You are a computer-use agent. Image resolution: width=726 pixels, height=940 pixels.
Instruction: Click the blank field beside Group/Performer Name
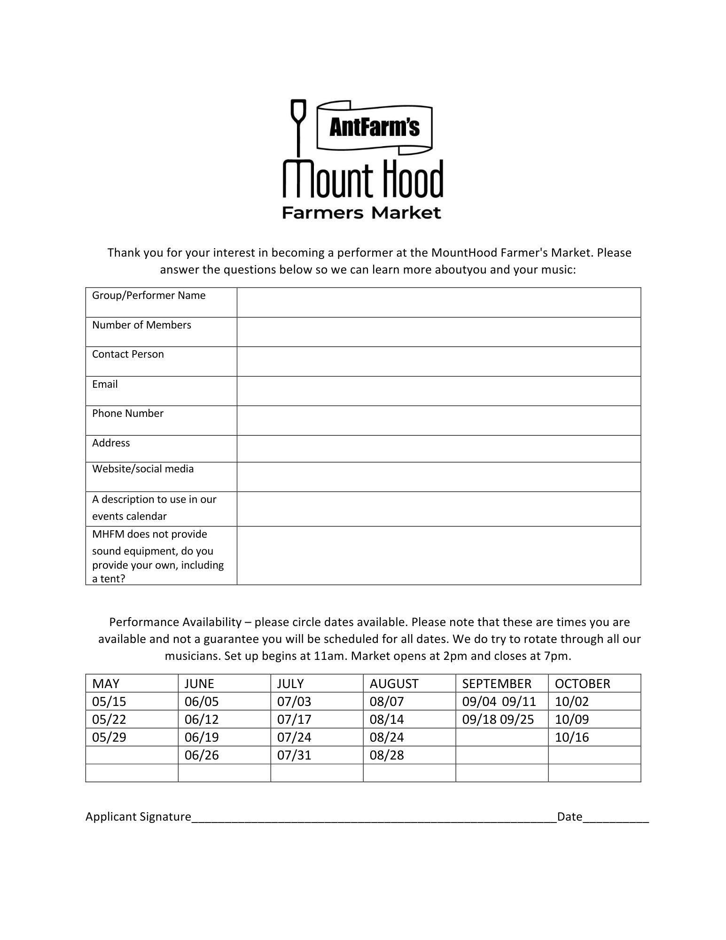[438, 302]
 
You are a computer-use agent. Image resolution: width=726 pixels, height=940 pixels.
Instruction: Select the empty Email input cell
[438, 391]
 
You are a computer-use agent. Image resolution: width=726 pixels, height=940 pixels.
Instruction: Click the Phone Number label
[128, 414]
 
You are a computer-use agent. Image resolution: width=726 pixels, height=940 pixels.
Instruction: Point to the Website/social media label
[143, 469]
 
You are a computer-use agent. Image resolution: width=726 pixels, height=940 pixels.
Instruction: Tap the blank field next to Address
[438, 448]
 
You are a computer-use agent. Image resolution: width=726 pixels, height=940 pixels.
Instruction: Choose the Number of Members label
[141, 325]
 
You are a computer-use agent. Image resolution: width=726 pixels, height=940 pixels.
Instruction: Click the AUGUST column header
[394, 683]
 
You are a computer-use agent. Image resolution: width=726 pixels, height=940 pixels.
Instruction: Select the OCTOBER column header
[582, 683]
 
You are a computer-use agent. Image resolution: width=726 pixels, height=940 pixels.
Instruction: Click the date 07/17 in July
[294, 719]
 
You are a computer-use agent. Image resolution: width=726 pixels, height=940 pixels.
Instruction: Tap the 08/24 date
[387, 737]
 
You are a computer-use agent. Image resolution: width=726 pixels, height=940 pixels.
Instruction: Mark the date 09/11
[519, 701]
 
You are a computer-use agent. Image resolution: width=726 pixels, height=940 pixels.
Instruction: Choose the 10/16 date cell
[572, 737]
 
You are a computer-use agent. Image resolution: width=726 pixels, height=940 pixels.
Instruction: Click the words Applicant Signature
[138, 817]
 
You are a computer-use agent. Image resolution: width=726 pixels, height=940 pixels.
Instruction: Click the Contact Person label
[128, 354]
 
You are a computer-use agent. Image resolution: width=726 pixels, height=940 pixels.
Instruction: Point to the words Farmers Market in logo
[361, 213]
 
